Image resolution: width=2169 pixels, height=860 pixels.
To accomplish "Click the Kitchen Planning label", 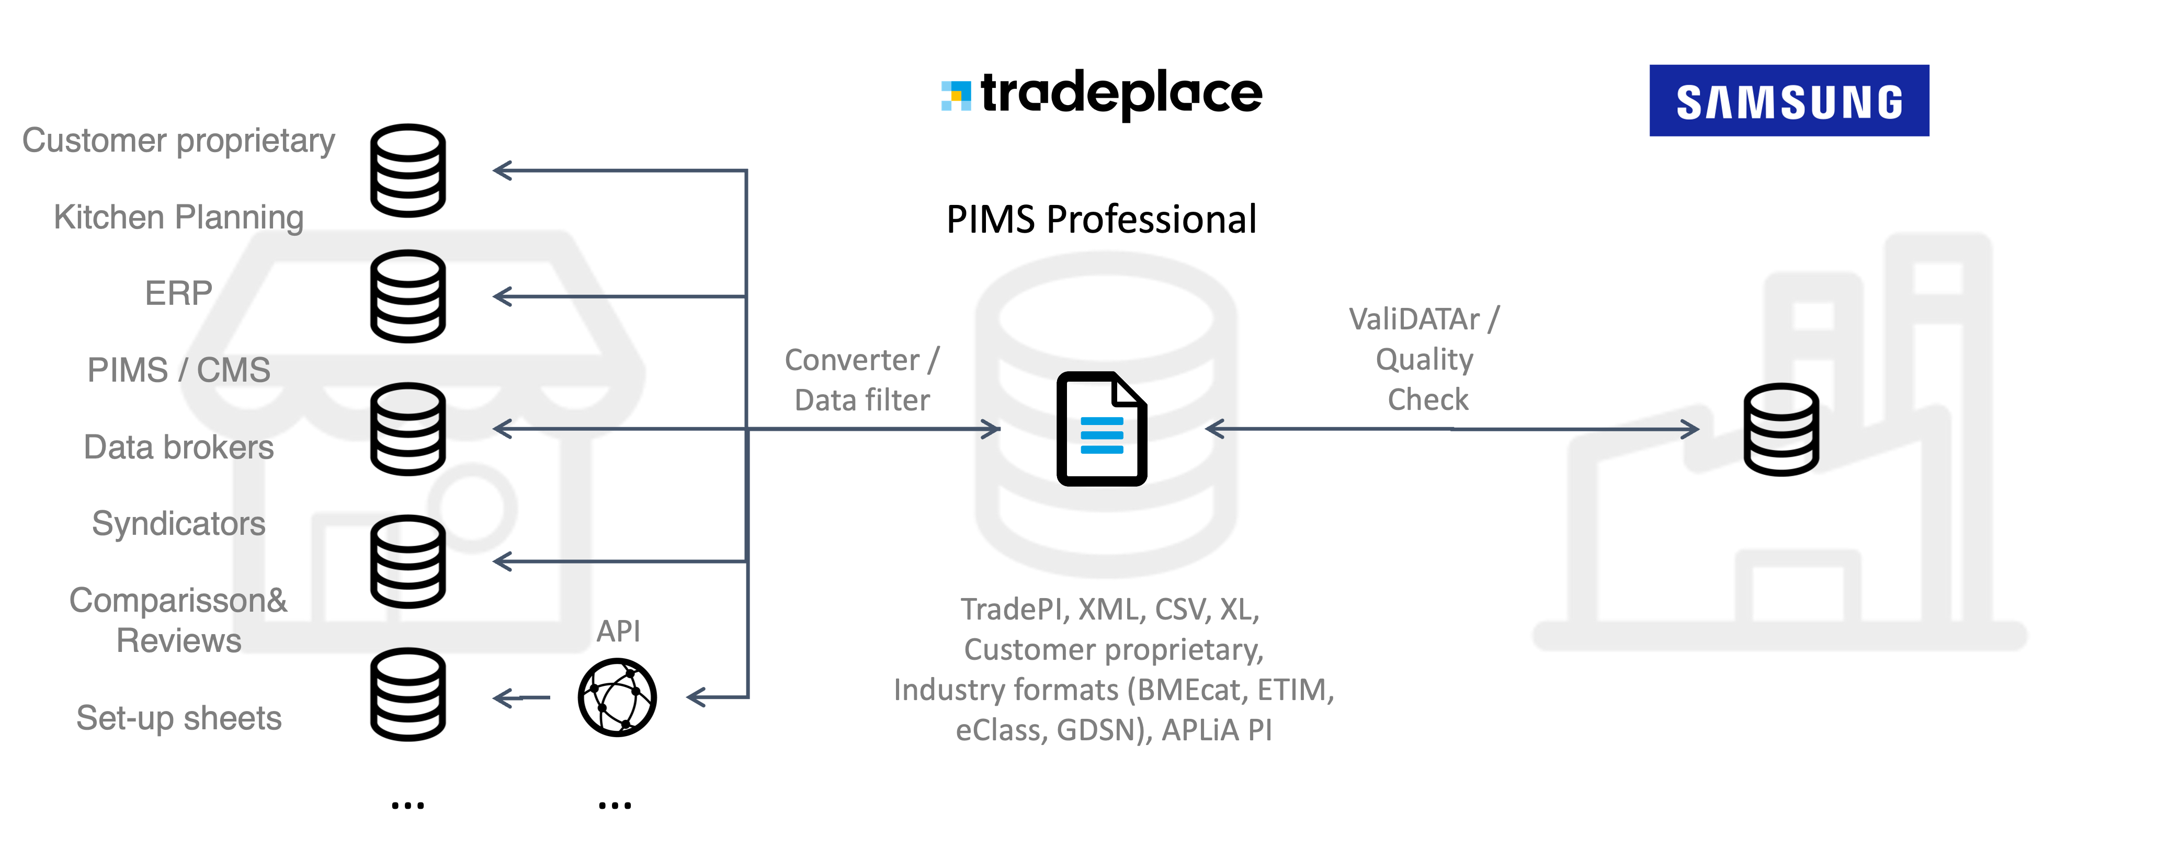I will (x=178, y=217).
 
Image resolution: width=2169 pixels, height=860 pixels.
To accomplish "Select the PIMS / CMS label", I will (x=180, y=370).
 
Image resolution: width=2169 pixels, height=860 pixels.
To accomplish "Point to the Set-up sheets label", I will (x=178, y=719).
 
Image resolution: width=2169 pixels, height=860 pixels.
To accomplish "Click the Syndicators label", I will (x=178, y=524).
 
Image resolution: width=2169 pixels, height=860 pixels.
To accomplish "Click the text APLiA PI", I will (x=1216, y=730).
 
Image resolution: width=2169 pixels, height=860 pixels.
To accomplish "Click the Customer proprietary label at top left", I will (x=178, y=141).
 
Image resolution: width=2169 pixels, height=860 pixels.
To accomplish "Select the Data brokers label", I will (x=180, y=448).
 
